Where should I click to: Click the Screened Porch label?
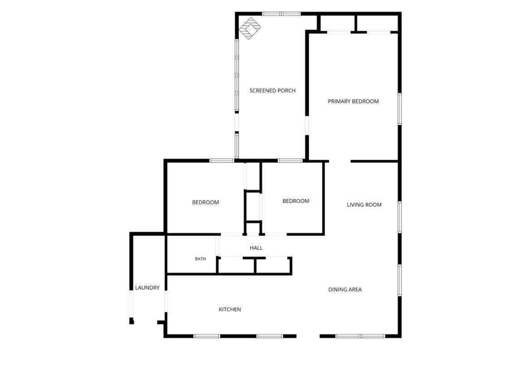pos(272,91)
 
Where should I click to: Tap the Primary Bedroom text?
pos(353,101)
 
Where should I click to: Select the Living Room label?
pos(364,205)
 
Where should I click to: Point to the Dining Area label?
pos(345,289)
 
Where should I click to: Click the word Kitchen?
pos(230,309)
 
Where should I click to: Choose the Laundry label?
pos(147,288)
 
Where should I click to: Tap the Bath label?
pos(200,259)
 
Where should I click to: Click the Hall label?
pos(256,248)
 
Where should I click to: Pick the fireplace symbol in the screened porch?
pos(250,28)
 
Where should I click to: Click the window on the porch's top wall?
pos(281,14)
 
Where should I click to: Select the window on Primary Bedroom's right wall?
pos(399,109)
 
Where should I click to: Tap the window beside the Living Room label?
pos(399,217)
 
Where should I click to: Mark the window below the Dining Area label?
pos(361,336)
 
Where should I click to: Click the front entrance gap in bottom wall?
pos(308,336)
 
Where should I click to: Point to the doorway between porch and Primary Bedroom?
pos(307,126)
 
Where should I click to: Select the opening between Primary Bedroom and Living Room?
pos(339,162)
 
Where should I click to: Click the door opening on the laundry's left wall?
pos(132,304)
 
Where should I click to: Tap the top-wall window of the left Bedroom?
pos(222,161)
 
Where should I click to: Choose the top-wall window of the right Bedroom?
pos(290,161)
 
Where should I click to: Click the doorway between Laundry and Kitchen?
pos(166,301)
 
